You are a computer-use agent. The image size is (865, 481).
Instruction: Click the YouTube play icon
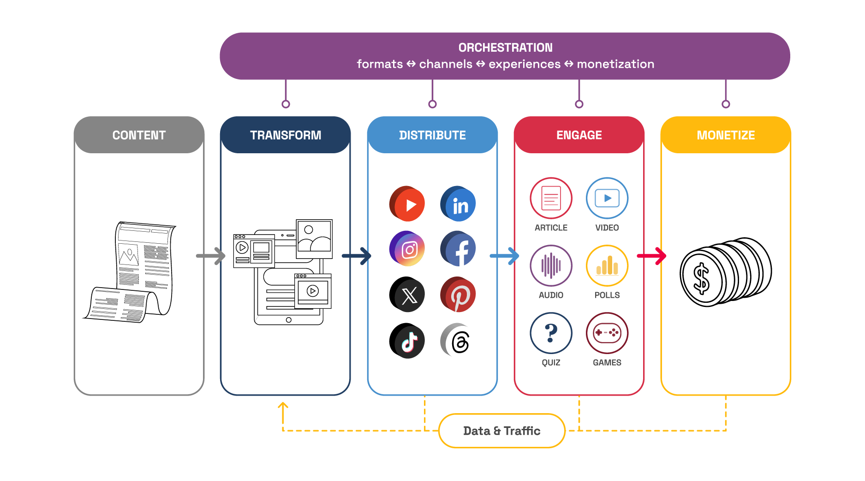tap(407, 204)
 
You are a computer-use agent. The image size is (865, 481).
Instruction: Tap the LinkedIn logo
tap(458, 204)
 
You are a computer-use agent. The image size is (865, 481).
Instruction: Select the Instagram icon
tap(407, 249)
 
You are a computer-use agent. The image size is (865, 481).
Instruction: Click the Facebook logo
tap(458, 249)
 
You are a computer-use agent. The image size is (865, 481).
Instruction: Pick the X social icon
tap(409, 296)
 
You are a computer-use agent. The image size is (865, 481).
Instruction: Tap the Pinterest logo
tap(458, 295)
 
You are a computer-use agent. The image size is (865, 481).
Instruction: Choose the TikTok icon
tap(409, 342)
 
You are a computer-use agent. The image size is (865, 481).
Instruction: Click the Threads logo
tap(459, 342)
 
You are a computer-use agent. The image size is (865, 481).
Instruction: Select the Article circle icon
tap(551, 198)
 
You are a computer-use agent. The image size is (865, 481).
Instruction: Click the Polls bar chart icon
tap(607, 265)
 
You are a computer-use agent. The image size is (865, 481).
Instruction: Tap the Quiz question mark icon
tap(551, 333)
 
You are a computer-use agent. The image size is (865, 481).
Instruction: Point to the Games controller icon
tap(607, 333)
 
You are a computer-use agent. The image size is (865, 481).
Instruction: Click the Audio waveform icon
tap(551, 265)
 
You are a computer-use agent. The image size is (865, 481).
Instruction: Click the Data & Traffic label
tap(501, 431)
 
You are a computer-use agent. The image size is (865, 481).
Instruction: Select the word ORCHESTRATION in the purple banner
tap(505, 48)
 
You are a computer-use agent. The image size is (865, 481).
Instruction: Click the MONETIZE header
tap(726, 135)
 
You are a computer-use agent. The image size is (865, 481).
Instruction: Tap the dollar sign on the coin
tap(701, 279)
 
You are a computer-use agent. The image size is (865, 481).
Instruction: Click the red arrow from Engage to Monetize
tap(652, 256)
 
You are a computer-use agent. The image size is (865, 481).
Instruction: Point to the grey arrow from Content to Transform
tap(211, 256)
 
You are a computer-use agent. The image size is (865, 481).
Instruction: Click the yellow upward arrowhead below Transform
tap(283, 406)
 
